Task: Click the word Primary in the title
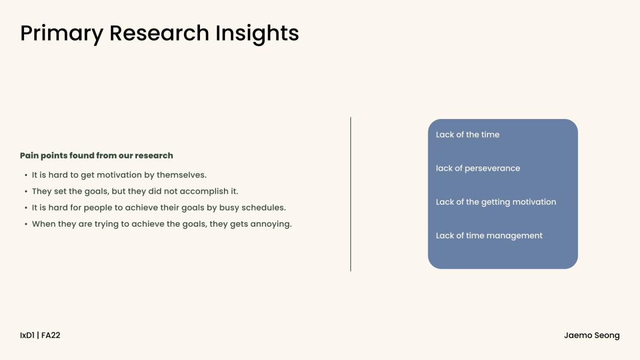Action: (62, 34)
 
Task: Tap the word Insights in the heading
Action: (257, 34)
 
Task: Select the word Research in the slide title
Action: (159, 33)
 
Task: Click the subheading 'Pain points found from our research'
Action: (97, 155)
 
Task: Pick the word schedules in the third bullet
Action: (263, 207)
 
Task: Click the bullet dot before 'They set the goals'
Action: (26, 191)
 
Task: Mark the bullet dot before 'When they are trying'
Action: (26, 224)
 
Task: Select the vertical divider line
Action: (350, 194)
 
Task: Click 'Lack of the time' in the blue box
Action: (468, 134)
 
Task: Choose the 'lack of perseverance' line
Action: (478, 169)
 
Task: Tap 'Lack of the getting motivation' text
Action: (496, 202)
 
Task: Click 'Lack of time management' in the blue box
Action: (489, 236)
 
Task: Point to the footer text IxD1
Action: (27, 335)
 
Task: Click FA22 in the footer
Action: (51, 335)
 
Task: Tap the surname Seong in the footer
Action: (607, 335)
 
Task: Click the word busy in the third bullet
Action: (229, 207)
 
